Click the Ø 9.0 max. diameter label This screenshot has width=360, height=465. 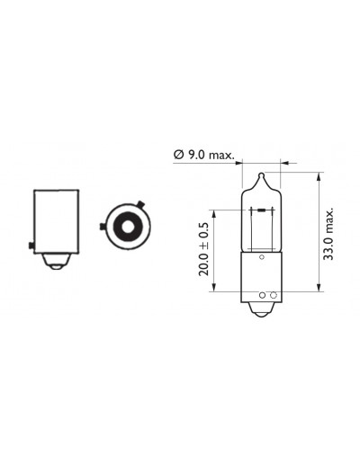pyautogui.click(x=203, y=155)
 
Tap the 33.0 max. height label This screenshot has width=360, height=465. pyautogui.click(x=329, y=234)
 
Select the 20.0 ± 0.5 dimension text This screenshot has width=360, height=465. pyautogui.click(x=203, y=249)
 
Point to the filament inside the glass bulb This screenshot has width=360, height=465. pyautogui.click(x=262, y=210)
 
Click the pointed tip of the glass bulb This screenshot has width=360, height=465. pyautogui.click(x=262, y=174)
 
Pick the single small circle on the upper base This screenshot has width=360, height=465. pyautogui.click(x=262, y=257)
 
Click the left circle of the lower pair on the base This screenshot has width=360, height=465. pyautogui.click(x=262, y=295)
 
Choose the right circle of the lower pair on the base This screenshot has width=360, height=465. pyautogui.click(x=273, y=295)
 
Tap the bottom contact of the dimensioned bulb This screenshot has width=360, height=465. pyautogui.click(x=261, y=310)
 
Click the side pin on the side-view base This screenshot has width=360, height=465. pyautogui.click(x=31, y=246)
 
